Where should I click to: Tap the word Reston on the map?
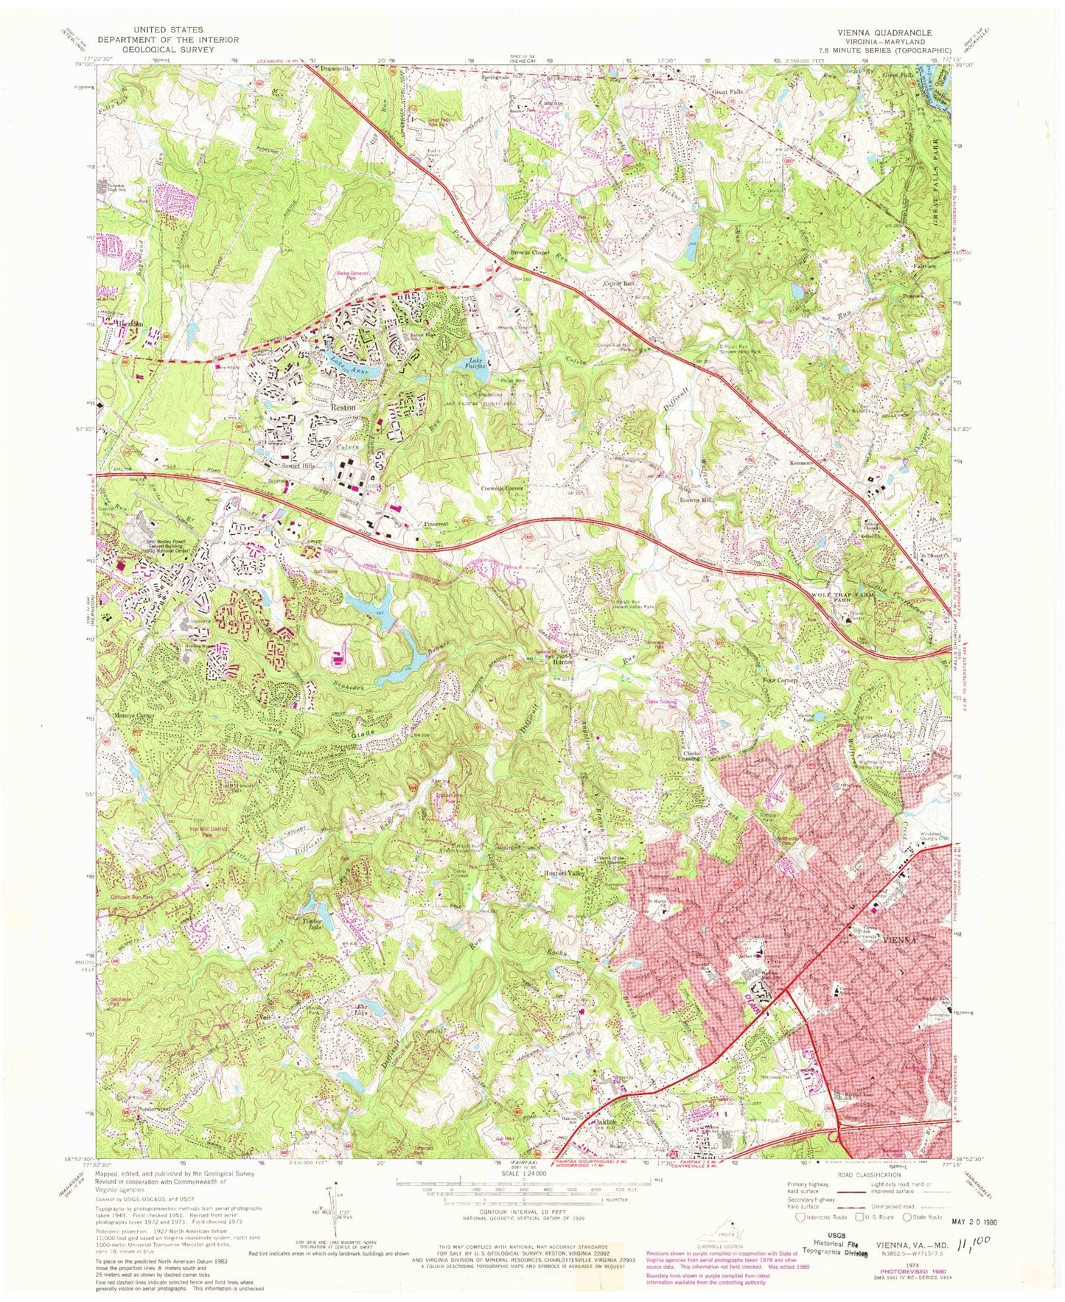click(x=343, y=407)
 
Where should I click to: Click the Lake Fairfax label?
click(x=481, y=361)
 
